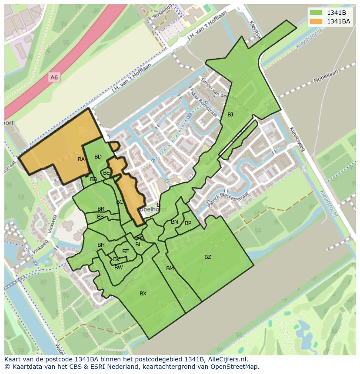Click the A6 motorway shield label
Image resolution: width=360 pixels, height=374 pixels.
tap(54, 77)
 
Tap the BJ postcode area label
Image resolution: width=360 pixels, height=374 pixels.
tap(230, 115)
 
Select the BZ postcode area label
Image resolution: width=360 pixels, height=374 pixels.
tap(208, 257)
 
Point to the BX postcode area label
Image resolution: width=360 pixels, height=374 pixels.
tap(143, 294)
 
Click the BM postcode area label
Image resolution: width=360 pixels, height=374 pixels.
tap(170, 268)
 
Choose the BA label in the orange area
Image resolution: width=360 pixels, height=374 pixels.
tap(81, 159)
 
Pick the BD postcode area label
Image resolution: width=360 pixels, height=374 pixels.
tap(98, 157)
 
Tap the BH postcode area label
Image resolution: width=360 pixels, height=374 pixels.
tap(101, 245)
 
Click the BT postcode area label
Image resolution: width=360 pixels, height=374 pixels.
tap(125, 252)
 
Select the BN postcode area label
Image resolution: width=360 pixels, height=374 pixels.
tap(174, 222)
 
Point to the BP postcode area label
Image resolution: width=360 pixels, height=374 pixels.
tap(188, 223)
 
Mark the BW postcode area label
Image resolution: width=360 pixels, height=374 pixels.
tap(118, 268)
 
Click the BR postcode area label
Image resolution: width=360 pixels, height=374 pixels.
tap(101, 209)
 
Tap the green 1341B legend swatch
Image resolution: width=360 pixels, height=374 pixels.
tap(316, 13)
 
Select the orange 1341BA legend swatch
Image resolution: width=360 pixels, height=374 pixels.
tap(316, 21)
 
